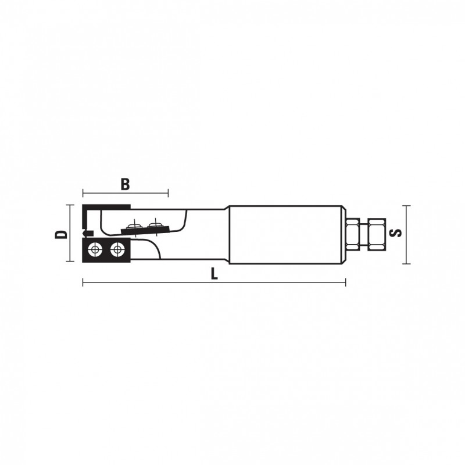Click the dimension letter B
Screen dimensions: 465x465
click(x=126, y=184)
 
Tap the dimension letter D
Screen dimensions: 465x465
click(x=62, y=234)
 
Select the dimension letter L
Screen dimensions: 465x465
click(x=214, y=274)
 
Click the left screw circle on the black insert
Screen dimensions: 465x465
click(x=95, y=250)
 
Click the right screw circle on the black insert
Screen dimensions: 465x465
click(x=116, y=250)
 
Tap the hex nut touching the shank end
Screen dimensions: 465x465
click(x=353, y=234)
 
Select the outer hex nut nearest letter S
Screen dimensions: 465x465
click(x=377, y=234)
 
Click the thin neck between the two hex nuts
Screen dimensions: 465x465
click(x=364, y=234)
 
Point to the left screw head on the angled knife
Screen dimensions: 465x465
click(x=134, y=227)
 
